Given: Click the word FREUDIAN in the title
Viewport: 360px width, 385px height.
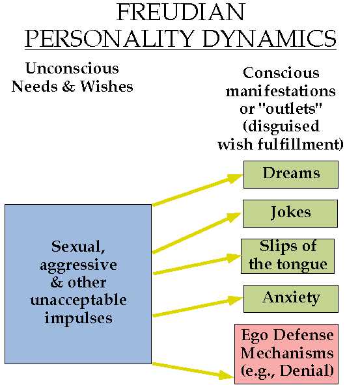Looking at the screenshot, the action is (x=180, y=12).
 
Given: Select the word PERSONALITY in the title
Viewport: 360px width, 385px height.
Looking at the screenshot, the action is (x=108, y=38).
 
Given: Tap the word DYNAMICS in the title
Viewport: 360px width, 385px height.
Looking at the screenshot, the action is (x=270, y=38).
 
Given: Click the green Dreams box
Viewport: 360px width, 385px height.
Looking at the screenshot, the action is (x=291, y=174).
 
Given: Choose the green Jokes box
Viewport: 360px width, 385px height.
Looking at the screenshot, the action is (x=290, y=213).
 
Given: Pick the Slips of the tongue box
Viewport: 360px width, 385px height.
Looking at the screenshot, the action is (x=288, y=256).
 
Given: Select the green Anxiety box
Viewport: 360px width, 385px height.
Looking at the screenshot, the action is (x=291, y=299).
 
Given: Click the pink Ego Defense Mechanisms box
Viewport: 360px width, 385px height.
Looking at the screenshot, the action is (x=286, y=354).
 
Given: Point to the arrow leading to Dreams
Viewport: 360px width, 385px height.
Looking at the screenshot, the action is (x=197, y=189).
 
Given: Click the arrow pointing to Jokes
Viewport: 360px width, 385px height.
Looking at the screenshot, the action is (x=197, y=233).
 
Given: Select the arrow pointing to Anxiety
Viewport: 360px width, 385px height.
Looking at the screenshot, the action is (x=198, y=306).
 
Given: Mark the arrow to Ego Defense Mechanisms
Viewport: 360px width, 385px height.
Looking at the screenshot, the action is (x=193, y=370).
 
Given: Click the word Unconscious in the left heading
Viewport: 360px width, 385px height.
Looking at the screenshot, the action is (x=72, y=68).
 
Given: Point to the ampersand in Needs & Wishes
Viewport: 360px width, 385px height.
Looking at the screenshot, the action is (x=68, y=86).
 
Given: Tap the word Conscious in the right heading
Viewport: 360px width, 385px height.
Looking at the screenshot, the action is (x=281, y=73).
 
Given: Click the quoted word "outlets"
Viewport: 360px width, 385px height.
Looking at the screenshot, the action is (x=294, y=109).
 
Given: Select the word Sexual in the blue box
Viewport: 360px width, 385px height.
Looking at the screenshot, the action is (x=78, y=246).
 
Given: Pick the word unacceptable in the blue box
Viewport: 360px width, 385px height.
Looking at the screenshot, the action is (x=78, y=300).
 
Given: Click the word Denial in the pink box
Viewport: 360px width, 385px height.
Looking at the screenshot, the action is (x=304, y=371).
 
